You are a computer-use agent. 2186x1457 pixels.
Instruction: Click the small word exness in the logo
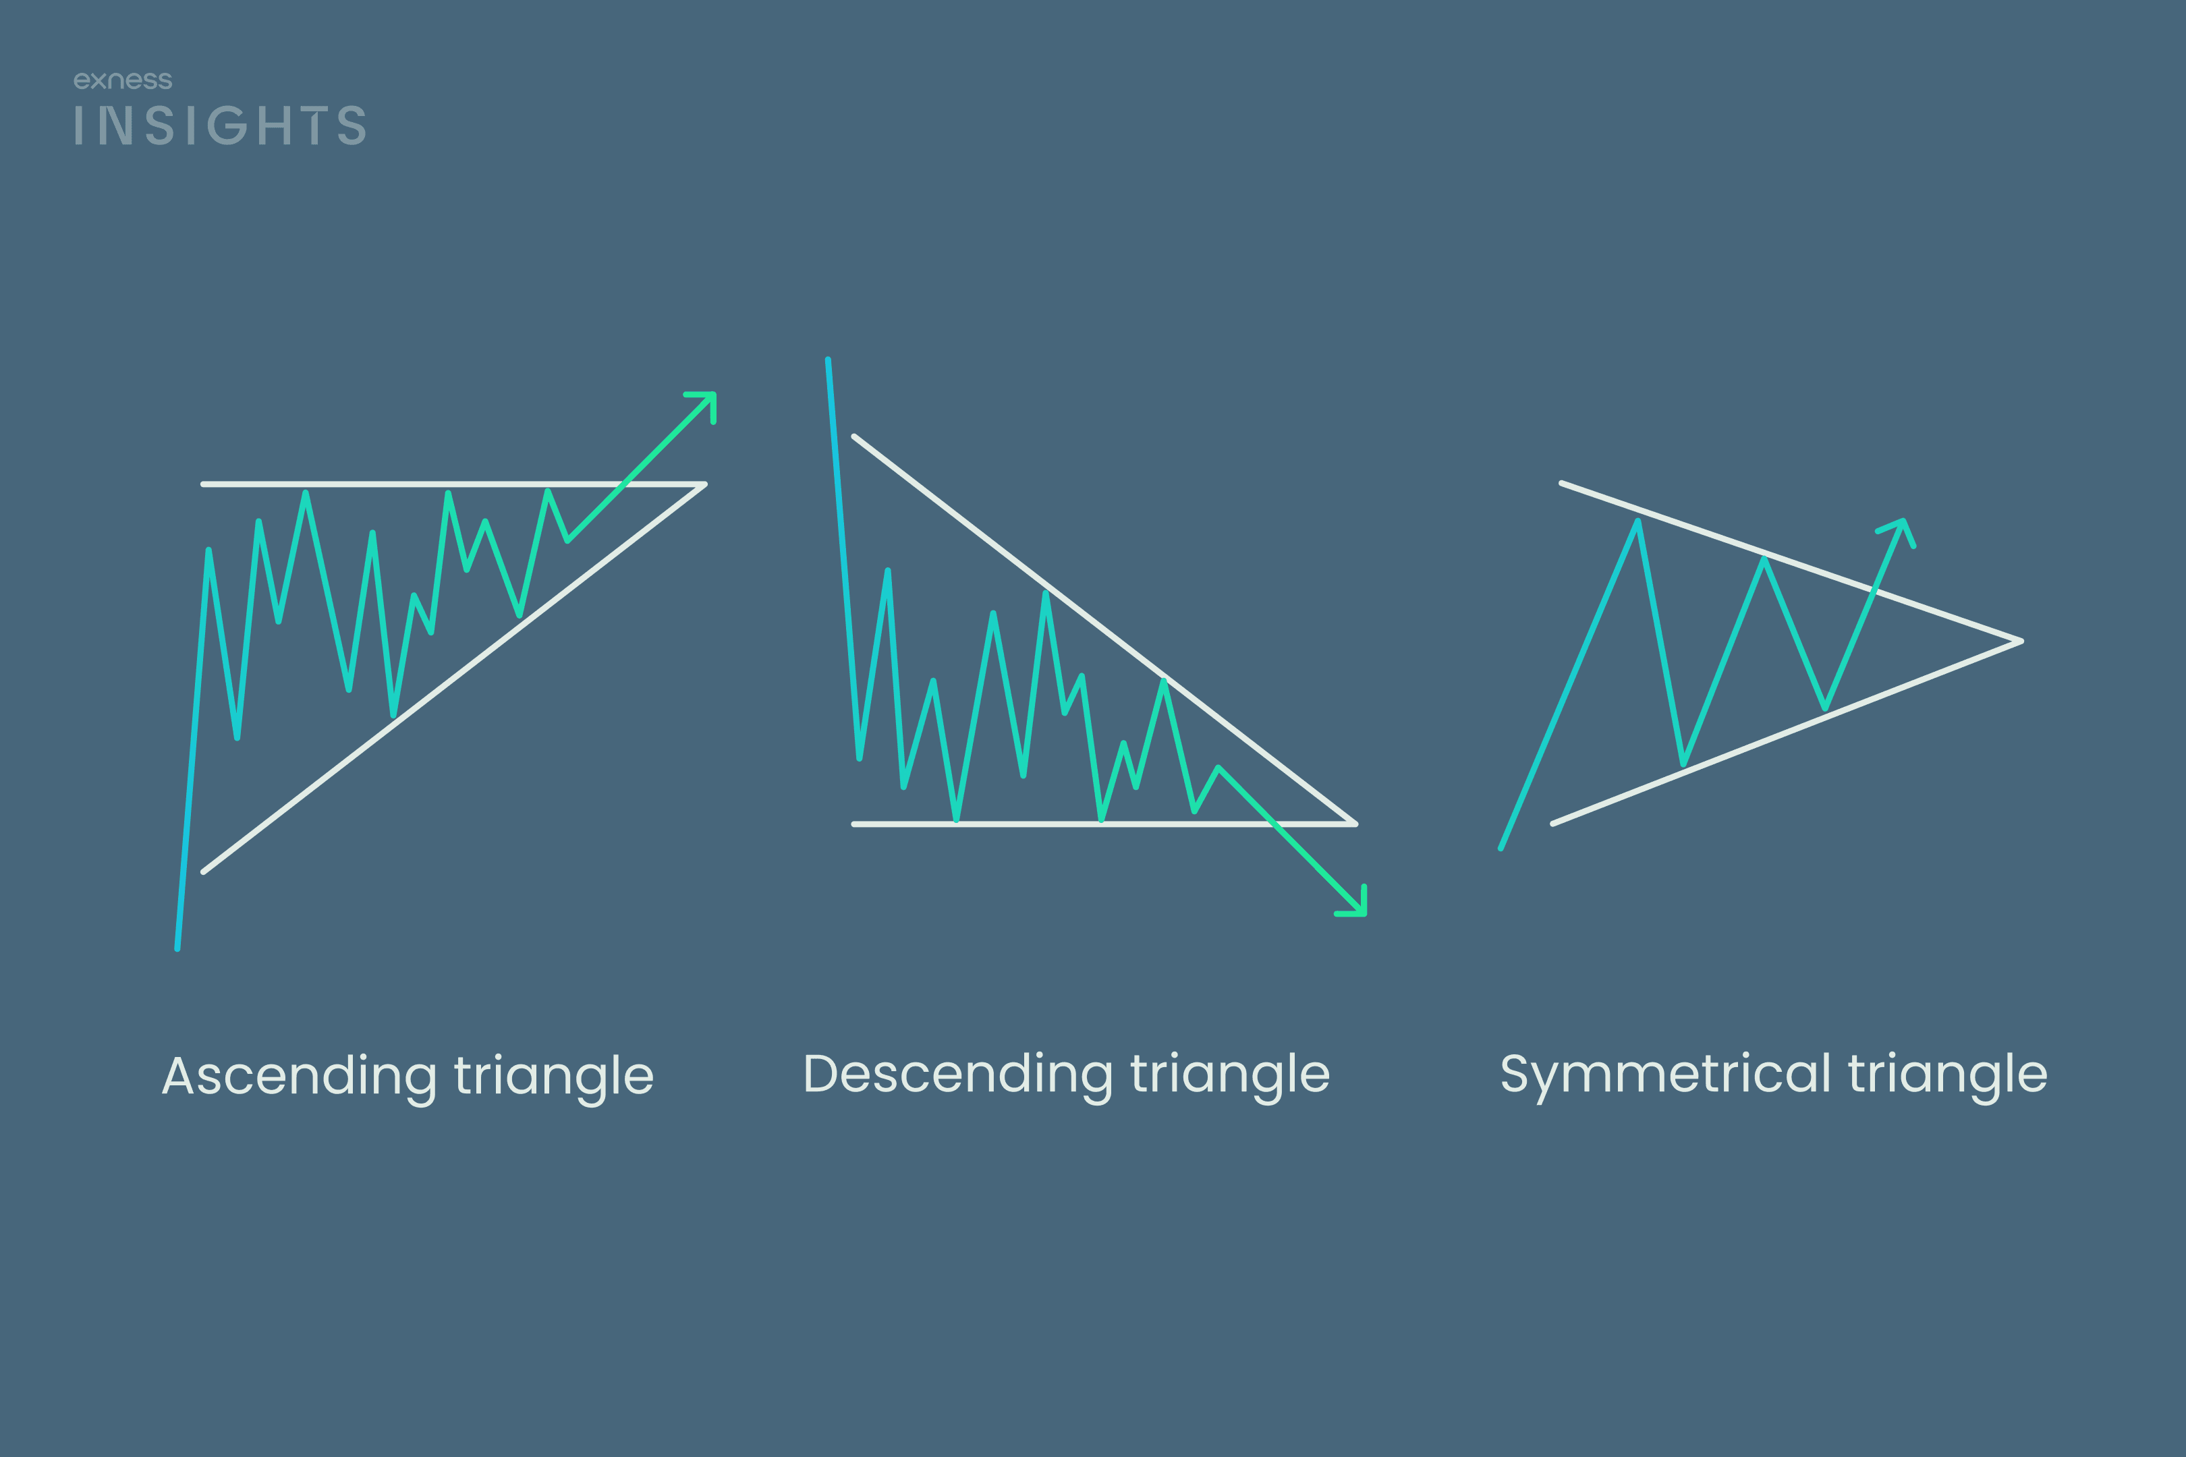(123, 81)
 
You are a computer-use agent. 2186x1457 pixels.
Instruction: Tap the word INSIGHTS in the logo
(220, 125)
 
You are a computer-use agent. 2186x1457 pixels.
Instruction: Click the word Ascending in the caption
(300, 1078)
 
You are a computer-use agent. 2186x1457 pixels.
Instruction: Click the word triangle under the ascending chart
(554, 1078)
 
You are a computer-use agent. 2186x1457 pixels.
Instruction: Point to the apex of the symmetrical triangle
(2021, 641)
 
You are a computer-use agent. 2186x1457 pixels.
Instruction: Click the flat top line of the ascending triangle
(453, 484)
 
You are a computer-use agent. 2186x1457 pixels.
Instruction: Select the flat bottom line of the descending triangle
(1104, 824)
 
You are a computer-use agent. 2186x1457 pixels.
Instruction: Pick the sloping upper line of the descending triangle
(1104, 630)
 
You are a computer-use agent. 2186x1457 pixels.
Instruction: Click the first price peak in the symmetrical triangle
(1637, 521)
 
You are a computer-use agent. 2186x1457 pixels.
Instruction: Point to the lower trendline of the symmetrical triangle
(1787, 733)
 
